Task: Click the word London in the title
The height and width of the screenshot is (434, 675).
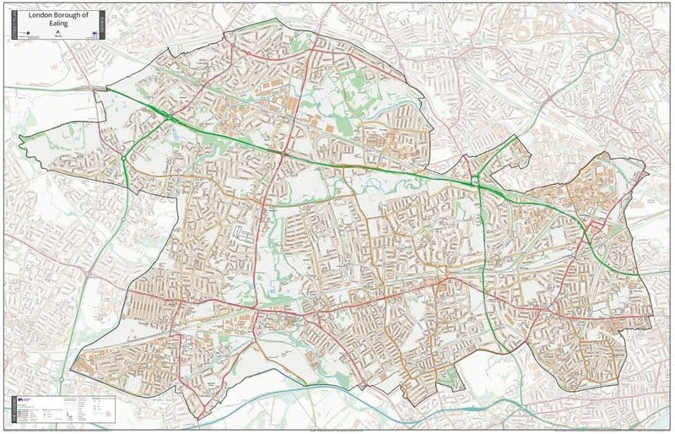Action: tap(39, 14)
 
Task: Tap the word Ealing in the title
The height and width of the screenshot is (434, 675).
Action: tap(57, 24)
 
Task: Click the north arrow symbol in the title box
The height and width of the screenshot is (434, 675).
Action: tap(58, 35)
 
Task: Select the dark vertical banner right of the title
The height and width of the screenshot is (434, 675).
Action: tap(101, 25)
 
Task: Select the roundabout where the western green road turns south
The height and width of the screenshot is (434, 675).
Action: tap(124, 156)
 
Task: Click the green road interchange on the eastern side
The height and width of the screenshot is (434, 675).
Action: tap(478, 179)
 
